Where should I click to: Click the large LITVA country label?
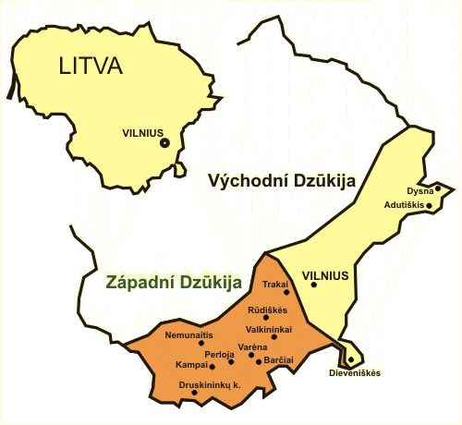pyautogui.click(x=91, y=66)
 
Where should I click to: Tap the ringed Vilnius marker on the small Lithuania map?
pyautogui.click(x=165, y=143)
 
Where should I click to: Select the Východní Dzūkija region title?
pyautogui.click(x=282, y=181)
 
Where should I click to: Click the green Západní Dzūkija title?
pyautogui.click(x=174, y=283)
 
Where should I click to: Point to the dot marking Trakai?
pyautogui.click(x=286, y=292)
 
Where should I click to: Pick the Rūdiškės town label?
pyautogui.click(x=268, y=310)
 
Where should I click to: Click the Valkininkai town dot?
pyautogui.click(x=274, y=337)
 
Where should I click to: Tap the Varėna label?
pyautogui.click(x=252, y=347)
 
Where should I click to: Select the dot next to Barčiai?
pyautogui.click(x=259, y=362)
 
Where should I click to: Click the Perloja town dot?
pyautogui.click(x=231, y=362)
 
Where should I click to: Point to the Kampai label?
pyautogui.click(x=191, y=365)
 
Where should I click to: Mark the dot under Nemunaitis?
pyautogui.click(x=201, y=343)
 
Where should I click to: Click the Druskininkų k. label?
pyautogui.click(x=210, y=385)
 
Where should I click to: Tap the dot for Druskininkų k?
pyautogui.click(x=194, y=393)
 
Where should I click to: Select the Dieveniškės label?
pyautogui.click(x=355, y=373)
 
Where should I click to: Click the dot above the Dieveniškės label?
pyautogui.click(x=351, y=359)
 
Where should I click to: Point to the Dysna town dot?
pyautogui.click(x=438, y=188)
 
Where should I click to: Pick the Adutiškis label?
pyautogui.click(x=404, y=205)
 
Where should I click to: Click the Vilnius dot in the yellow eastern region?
pyautogui.click(x=313, y=285)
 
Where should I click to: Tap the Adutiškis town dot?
pyautogui.click(x=429, y=205)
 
